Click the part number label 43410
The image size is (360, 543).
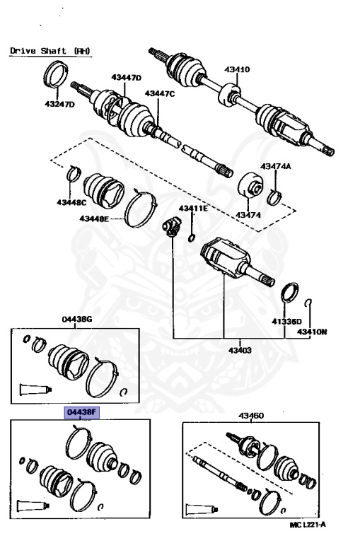point(237,69)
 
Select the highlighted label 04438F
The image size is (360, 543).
point(81,412)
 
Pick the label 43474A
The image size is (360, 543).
point(275,166)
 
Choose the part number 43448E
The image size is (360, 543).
point(93,219)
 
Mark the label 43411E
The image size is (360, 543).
point(192,209)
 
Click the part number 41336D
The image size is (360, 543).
point(281,322)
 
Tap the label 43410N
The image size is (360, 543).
point(312,331)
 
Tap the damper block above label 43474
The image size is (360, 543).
point(250,187)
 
